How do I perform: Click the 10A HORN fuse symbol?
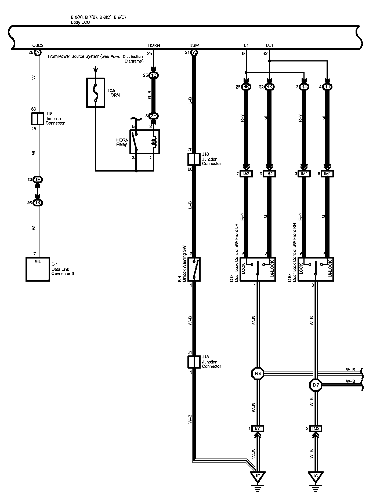click(95, 93)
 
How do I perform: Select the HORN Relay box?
click(145, 142)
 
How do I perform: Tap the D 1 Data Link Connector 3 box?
click(38, 269)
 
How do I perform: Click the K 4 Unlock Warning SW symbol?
click(194, 269)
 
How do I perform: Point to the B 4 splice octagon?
click(258, 373)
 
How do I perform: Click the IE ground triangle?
click(258, 476)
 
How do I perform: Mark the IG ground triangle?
click(316, 476)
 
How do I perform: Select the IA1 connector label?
click(258, 429)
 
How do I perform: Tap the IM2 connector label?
click(316, 429)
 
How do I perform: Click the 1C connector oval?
click(153, 75)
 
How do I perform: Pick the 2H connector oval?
click(153, 116)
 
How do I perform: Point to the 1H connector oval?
click(38, 180)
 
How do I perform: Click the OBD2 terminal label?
click(38, 45)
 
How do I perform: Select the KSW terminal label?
click(194, 45)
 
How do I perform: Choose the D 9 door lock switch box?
click(258, 269)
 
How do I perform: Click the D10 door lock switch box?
click(316, 269)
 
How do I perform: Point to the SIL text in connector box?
click(38, 261)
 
